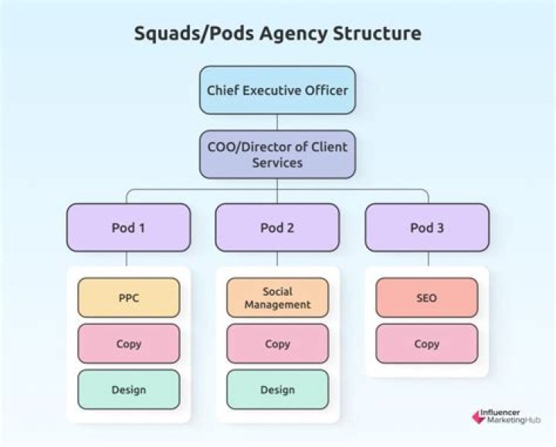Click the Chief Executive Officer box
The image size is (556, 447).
click(277, 90)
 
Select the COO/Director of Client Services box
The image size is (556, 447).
click(277, 154)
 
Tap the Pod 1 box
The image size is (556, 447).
click(128, 228)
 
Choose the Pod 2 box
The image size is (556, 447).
click(277, 228)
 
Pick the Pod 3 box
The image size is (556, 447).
click(427, 228)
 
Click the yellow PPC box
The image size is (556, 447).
click(129, 297)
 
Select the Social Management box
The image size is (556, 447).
click(278, 297)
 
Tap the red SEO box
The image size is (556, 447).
click(426, 297)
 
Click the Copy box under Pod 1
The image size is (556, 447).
click(129, 344)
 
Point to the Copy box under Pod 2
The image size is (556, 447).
click(278, 344)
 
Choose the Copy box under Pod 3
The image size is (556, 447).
click(426, 344)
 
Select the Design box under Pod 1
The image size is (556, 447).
click(129, 390)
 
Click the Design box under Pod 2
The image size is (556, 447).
click(278, 390)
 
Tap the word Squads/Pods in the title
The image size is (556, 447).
click(195, 34)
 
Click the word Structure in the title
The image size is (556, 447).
click(377, 33)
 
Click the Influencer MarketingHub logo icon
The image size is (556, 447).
click(478, 417)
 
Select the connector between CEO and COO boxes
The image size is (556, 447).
click(277, 122)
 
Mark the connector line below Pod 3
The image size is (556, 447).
click(429, 259)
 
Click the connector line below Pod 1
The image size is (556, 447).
click(127, 259)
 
